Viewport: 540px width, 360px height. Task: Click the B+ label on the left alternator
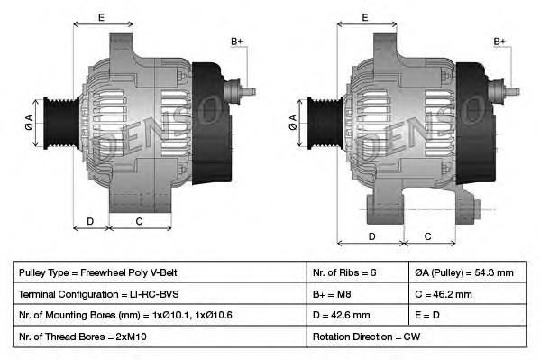(237, 42)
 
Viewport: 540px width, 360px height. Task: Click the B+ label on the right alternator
(500, 42)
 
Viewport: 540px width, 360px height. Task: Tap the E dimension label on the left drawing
(101, 17)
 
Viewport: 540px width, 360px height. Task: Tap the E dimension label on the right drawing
(365, 17)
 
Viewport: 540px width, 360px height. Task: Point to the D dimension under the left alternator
(90, 221)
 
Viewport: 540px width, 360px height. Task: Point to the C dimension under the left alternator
(139, 221)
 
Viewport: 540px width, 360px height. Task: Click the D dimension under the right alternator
(371, 236)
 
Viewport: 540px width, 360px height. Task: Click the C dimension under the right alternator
(427, 236)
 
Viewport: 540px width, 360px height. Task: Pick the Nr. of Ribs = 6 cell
(344, 272)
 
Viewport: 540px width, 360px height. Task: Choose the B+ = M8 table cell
(333, 294)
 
